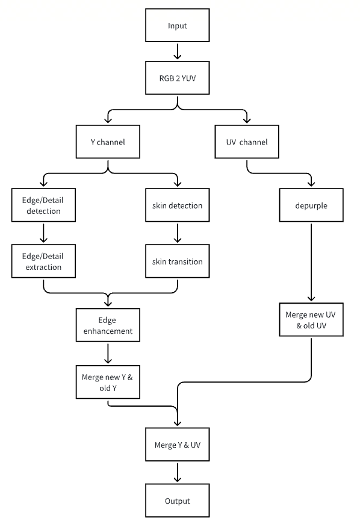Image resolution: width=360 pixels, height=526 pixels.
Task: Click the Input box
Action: click(x=178, y=25)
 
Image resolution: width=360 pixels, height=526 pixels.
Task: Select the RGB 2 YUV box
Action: click(x=178, y=78)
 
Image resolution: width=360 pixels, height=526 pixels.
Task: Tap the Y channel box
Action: click(x=108, y=142)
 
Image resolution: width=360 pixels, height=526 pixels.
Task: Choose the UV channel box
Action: click(x=247, y=142)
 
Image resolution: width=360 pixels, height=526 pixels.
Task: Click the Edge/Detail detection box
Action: click(x=43, y=205)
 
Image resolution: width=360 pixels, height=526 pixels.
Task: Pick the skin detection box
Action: click(x=178, y=205)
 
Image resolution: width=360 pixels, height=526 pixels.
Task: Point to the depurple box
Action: click(x=311, y=205)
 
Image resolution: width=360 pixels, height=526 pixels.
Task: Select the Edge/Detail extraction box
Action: click(x=43, y=261)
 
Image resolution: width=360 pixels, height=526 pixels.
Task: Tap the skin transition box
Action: click(x=178, y=261)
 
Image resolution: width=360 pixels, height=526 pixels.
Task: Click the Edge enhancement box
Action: click(x=108, y=325)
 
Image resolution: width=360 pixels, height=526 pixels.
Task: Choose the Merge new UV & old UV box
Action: click(x=311, y=320)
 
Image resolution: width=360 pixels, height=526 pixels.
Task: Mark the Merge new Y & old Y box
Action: click(x=108, y=382)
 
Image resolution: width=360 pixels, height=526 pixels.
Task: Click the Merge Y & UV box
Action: click(x=178, y=445)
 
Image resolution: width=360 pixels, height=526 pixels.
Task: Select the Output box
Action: click(x=178, y=501)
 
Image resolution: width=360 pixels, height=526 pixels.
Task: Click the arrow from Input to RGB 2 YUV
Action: click(x=178, y=51)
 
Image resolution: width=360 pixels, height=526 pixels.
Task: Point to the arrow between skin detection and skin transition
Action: click(x=178, y=233)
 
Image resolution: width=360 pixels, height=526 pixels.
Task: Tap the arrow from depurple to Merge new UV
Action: click(x=311, y=262)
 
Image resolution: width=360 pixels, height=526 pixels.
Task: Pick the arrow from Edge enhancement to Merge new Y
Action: click(x=108, y=353)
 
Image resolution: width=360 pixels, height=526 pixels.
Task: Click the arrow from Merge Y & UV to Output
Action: click(x=178, y=472)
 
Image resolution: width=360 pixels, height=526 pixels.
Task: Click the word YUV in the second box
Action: click(x=188, y=78)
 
